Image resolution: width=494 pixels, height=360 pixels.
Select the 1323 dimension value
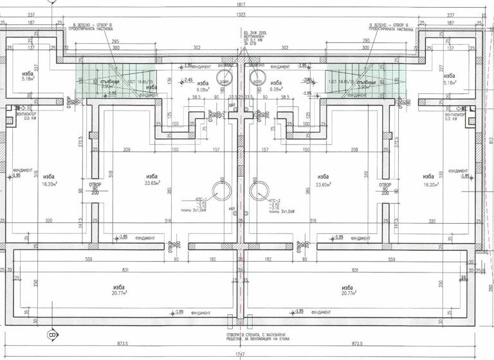(242, 14)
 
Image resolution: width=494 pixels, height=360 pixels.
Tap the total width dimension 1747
(242, 354)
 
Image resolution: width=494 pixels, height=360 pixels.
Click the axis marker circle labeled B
(51, 336)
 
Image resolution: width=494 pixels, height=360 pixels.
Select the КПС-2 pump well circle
(257, 190)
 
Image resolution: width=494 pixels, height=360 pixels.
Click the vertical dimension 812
(491, 140)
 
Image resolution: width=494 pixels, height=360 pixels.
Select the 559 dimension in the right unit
(390, 260)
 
